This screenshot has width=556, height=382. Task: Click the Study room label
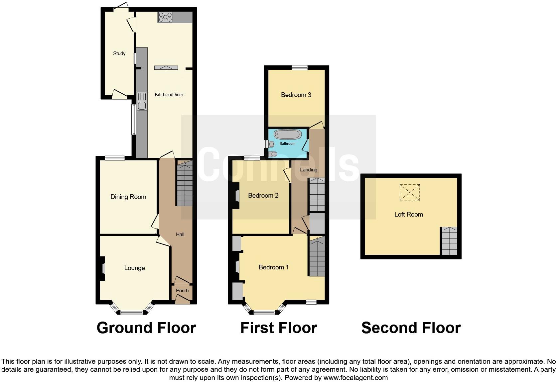(x=119, y=53)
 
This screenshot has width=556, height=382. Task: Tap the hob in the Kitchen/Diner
(x=165, y=17)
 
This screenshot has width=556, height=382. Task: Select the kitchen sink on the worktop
(x=142, y=101)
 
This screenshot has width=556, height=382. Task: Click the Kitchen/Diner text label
(x=169, y=95)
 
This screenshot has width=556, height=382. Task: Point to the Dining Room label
(x=128, y=197)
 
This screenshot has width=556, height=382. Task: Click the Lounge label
(x=134, y=268)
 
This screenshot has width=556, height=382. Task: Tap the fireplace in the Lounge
(x=103, y=268)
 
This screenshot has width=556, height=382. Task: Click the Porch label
(x=182, y=291)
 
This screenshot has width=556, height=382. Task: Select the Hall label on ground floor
(x=180, y=235)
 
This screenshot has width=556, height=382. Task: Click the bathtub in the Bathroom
(x=288, y=135)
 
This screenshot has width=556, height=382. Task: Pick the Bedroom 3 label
(x=296, y=95)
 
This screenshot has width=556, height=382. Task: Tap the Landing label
(x=309, y=170)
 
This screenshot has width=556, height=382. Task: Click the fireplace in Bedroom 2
(x=237, y=196)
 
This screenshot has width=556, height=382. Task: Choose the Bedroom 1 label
(x=274, y=267)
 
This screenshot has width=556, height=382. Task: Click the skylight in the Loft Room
(x=409, y=192)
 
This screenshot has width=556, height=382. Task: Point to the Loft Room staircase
(x=449, y=241)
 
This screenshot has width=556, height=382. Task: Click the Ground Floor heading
(x=146, y=328)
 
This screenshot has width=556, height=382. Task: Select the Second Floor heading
(x=411, y=328)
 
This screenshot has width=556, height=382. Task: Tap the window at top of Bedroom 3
(x=300, y=68)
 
